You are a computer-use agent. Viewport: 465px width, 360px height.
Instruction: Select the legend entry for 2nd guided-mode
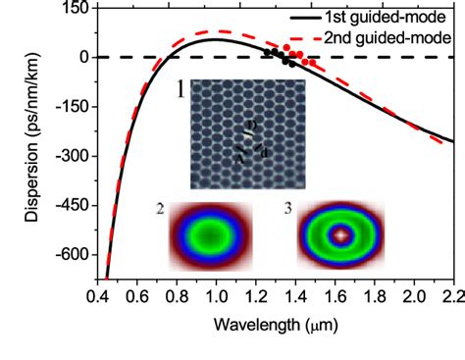point(389,37)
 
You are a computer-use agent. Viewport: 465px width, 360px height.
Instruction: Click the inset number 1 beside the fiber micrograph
point(181,92)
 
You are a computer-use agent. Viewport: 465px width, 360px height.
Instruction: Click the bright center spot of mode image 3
point(340,235)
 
